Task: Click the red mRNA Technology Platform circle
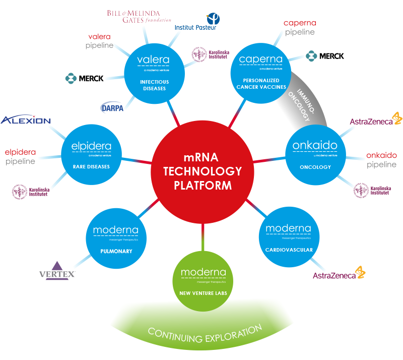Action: pos(203,171)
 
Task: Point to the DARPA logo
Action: pos(112,107)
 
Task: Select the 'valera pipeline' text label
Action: pos(99,41)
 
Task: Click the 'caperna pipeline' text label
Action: pos(300,28)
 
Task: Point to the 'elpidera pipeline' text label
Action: pos(21,157)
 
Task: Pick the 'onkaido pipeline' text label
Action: pos(381,160)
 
